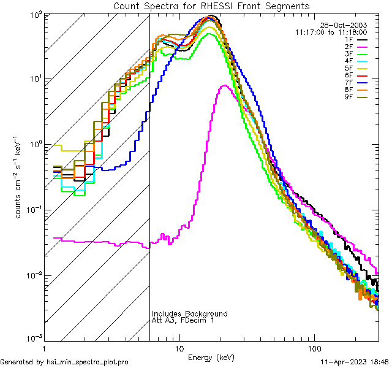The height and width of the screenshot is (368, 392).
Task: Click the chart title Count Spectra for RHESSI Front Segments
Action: pyautogui.click(x=211, y=6)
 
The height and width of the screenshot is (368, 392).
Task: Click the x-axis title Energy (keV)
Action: pyautogui.click(x=211, y=358)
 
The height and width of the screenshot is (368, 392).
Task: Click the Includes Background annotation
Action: pyautogui.click(x=190, y=313)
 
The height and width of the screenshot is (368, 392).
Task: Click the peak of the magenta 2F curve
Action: pyautogui.click(x=225, y=85)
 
